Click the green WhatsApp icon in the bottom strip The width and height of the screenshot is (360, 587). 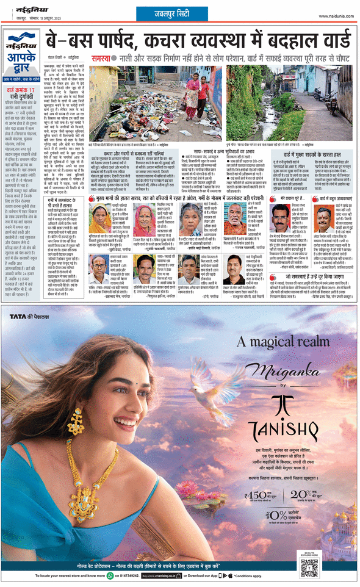pyautogui.click(x=110, y=575)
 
